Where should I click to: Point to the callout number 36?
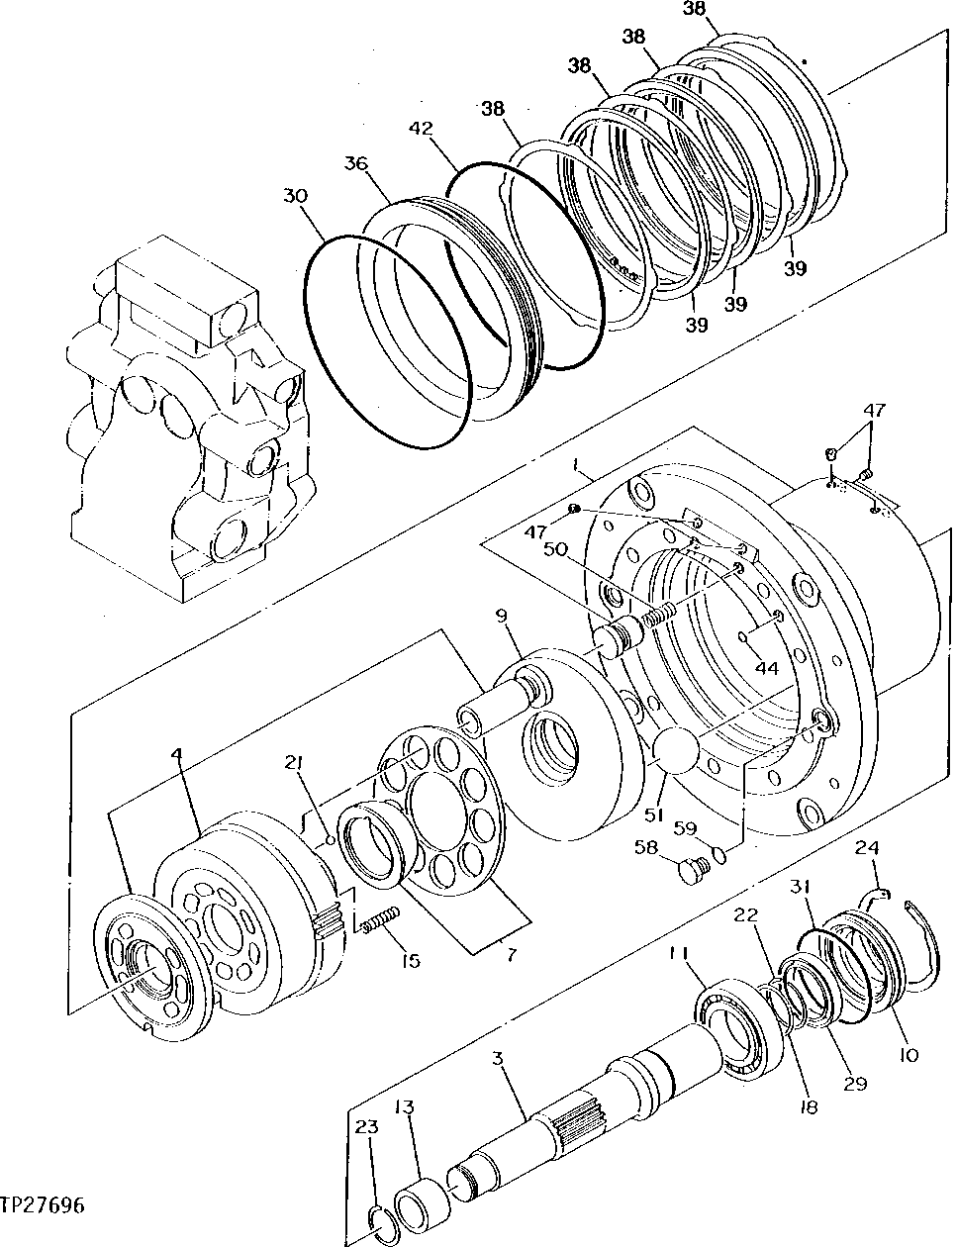coord(356,163)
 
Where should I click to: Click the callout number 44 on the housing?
coord(767,668)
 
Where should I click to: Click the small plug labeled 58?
coord(693,871)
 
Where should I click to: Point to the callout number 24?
coord(867,848)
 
